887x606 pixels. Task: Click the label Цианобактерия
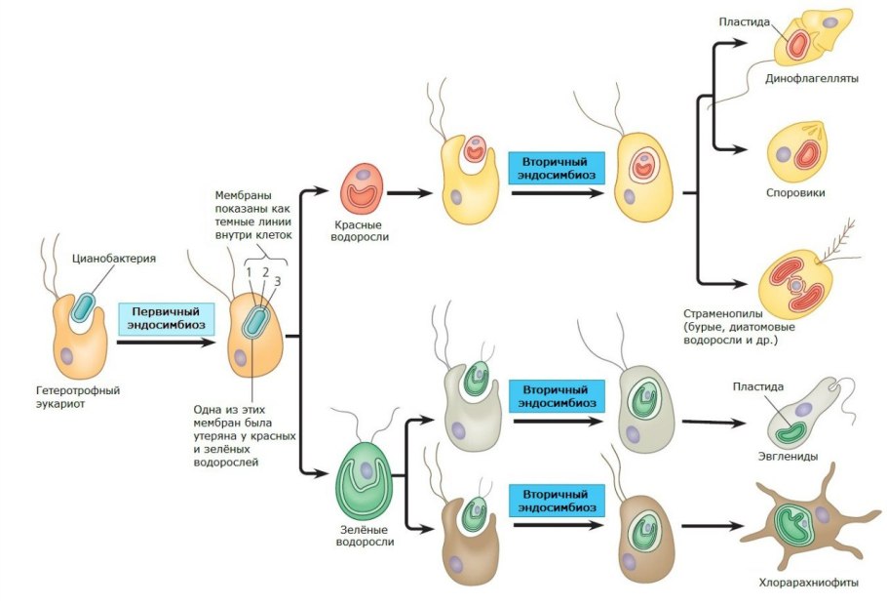(114, 259)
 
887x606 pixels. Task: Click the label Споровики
(795, 193)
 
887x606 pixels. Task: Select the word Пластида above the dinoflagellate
(746, 21)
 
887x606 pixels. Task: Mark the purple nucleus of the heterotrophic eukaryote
(67, 356)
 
